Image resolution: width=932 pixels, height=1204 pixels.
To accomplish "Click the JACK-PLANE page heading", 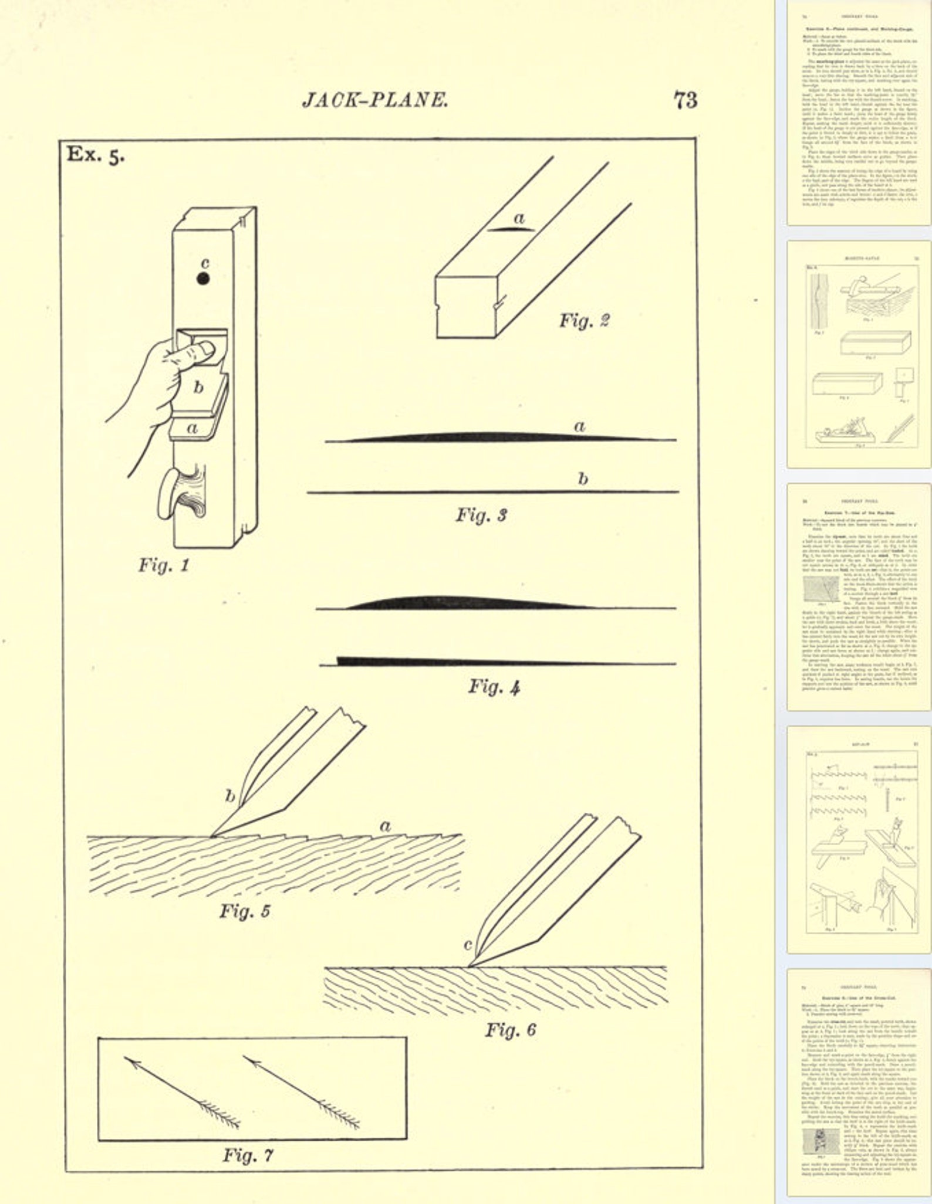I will point(375,100).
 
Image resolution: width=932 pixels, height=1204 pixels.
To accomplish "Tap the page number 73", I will point(684,100).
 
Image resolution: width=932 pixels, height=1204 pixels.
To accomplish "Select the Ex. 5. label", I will point(95,155).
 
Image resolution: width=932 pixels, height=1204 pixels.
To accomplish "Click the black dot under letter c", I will point(203,279).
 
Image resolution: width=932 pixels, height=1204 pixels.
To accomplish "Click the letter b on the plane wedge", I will point(199,388).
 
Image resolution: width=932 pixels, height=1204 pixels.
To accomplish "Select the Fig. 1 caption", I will point(164,565).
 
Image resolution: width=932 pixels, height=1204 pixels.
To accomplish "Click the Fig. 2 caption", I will point(584,320).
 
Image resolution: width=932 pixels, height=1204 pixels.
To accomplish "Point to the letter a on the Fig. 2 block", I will point(519,218).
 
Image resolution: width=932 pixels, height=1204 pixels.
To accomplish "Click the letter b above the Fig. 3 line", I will point(582,479).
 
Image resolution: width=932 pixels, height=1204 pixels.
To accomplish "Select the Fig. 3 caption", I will point(481,515).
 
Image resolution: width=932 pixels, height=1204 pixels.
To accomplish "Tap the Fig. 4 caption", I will point(494,687).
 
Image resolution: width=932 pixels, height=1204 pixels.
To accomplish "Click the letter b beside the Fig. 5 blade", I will point(230,796).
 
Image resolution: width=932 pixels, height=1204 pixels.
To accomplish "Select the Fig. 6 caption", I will point(510,1030).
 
